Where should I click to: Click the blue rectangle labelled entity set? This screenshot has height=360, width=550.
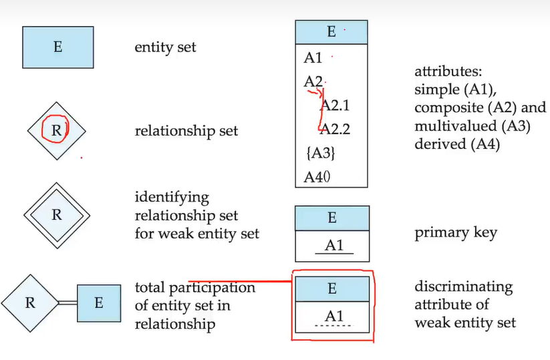(x=58, y=47)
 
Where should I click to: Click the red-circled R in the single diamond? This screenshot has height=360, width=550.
(x=56, y=130)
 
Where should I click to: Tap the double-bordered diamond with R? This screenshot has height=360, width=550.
(x=57, y=215)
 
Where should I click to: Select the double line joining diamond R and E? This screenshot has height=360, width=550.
(x=67, y=303)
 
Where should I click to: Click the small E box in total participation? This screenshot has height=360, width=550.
(x=99, y=303)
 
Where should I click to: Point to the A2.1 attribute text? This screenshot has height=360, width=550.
(x=335, y=105)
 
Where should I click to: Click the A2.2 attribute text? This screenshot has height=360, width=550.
(x=335, y=129)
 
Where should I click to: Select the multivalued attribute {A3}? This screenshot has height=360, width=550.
(x=321, y=153)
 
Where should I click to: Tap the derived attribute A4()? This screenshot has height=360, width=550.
(x=317, y=177)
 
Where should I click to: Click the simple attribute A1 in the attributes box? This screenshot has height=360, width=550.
(x=313, y=58)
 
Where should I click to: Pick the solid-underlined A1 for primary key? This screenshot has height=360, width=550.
(x=334, y=245)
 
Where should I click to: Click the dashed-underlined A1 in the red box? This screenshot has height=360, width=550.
(x=334, y=317)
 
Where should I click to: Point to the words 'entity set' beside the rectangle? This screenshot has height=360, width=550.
(x=165, y=47)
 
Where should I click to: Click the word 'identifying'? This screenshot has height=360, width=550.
(x=172, y=198)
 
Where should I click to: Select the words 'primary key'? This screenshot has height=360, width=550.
(x=456, y=232)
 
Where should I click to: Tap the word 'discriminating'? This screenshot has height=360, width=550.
(x=463, y=287)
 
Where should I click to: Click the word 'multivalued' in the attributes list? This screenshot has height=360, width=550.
(x=456, y=126)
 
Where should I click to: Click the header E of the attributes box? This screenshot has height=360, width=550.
(x=331, y=32)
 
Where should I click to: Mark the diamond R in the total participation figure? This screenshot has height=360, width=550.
(x=30, y=303)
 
